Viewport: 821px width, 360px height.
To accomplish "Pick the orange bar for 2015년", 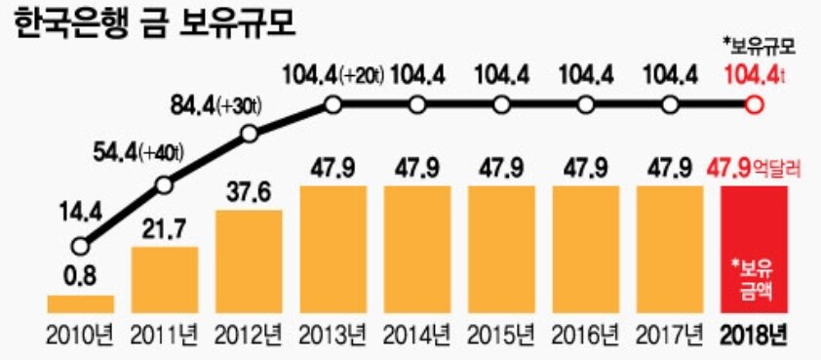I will [x=500, y=248].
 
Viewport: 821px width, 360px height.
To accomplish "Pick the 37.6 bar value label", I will [x=249, y=193].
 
